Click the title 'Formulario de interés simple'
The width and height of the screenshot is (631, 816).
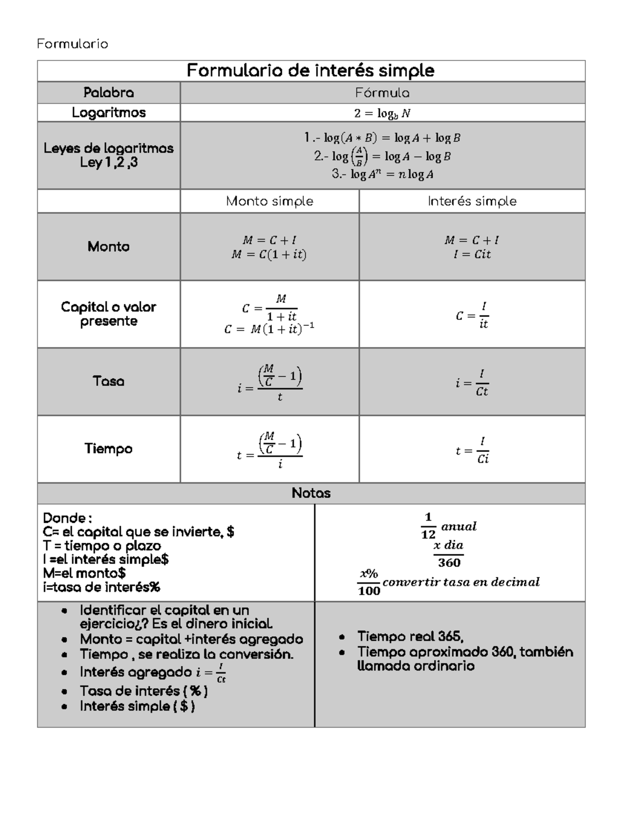(x=310, y=70)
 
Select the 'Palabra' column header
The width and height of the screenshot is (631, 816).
(x=108, y=93)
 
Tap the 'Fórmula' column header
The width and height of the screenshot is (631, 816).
(x=382, y=93)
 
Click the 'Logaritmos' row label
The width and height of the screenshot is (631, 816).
(x=108, y=112)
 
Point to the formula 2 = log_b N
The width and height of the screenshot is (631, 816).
(x=382, y=113)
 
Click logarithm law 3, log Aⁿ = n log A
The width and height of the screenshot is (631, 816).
(x=382, y=174)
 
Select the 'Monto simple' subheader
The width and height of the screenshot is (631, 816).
(x=269, y=201)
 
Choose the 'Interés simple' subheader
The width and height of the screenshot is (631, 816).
(x=472, y=201)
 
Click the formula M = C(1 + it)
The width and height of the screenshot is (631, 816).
(x=269, y=255)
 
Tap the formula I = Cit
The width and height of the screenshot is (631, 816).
(x=472, y=255)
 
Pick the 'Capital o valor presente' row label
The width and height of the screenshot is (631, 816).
(x=108, y=314)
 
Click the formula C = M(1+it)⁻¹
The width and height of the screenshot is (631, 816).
(x=269, y=329)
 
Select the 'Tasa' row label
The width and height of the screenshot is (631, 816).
(x=108, y=381)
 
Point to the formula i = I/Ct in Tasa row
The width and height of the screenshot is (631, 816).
(x=472, y=383)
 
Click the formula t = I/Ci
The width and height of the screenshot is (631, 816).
(x=472, y=451)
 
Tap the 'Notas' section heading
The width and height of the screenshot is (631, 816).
(x=311, y=493)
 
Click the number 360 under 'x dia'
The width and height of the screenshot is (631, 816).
(x=449, y=563)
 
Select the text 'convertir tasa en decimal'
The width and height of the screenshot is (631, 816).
(x=461, y=582)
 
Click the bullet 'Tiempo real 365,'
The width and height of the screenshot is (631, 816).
(x=410, y=636)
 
